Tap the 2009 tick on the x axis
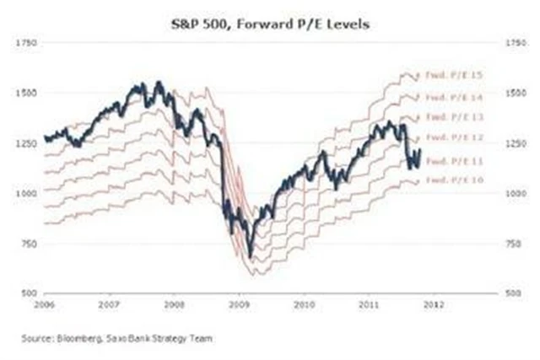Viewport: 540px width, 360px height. [x=239, y=301]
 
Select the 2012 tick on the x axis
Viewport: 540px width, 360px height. [x=432, y=301]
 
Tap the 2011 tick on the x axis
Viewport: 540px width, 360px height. [x=368, y=301]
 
